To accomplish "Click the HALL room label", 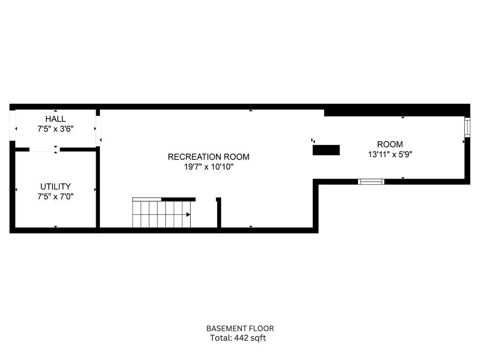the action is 55,119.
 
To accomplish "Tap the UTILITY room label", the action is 55,187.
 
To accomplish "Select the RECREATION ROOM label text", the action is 209,157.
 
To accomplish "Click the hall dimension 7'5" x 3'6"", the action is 55,129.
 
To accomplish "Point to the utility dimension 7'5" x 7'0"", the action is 55,196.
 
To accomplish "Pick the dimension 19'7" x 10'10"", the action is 209,167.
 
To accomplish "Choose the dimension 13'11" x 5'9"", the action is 390,154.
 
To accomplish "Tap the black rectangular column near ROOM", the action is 326,150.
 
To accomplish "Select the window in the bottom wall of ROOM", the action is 371,181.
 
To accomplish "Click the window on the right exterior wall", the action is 467,127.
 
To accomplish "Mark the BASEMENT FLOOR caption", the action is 240,329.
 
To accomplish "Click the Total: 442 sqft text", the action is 238,338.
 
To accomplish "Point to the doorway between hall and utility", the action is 45,150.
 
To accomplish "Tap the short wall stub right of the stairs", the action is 218,213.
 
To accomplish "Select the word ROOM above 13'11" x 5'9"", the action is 390,144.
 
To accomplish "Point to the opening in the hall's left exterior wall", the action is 12,126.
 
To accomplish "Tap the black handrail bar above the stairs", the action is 179,199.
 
